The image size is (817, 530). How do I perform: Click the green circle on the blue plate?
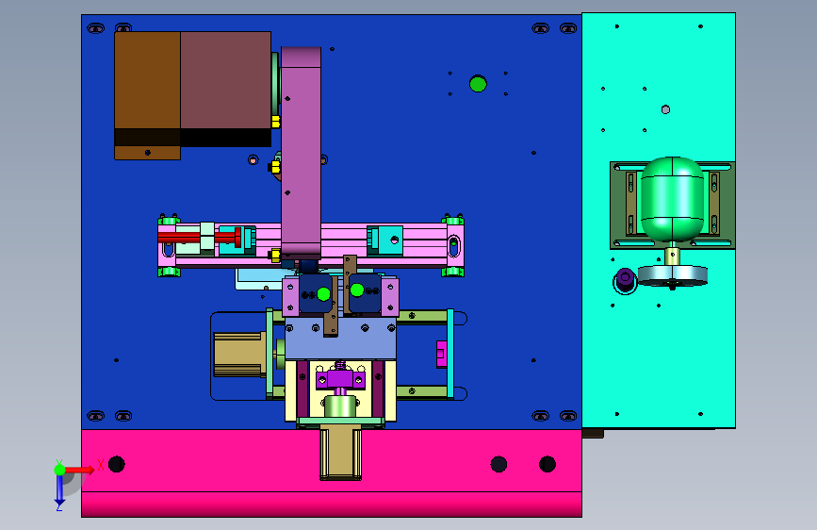point(478,84)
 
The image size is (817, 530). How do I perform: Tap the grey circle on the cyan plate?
point(665,109)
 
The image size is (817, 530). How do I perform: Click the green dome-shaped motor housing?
point(672,199)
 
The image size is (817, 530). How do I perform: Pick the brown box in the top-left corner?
point(147,95)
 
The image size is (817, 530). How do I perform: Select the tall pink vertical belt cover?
point(301,151)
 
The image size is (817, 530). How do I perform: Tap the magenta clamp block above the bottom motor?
point(340,379)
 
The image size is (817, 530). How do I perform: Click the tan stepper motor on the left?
point(240,355)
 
